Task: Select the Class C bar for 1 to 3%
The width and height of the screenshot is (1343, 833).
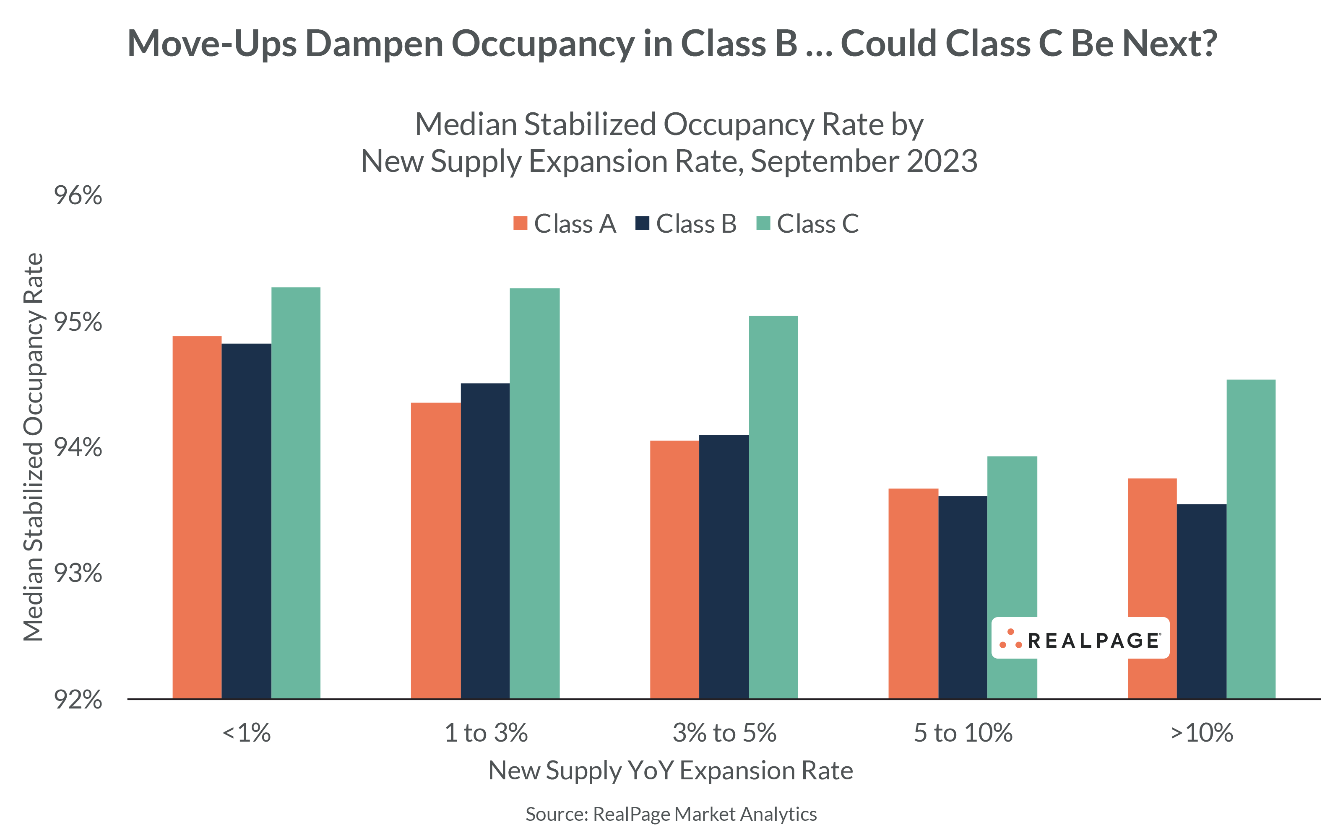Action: click(x=534, y=493)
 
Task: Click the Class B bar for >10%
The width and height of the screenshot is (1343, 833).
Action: click(x=1201, y=600)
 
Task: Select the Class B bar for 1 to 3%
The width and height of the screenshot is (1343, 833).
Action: click(x=485, y=540)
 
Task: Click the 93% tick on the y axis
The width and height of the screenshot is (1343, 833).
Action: click(x=78, y=573)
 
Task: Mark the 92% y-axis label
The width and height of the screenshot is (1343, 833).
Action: click(x=78, y=700)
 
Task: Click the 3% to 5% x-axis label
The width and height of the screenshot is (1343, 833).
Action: click(x=724, y=733)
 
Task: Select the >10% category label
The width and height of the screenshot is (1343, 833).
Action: click(x=1201, y=733)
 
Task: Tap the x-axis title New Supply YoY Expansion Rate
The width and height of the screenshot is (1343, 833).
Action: click(x=671, y=770)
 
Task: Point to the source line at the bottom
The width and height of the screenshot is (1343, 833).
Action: click(x=671, y=814)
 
